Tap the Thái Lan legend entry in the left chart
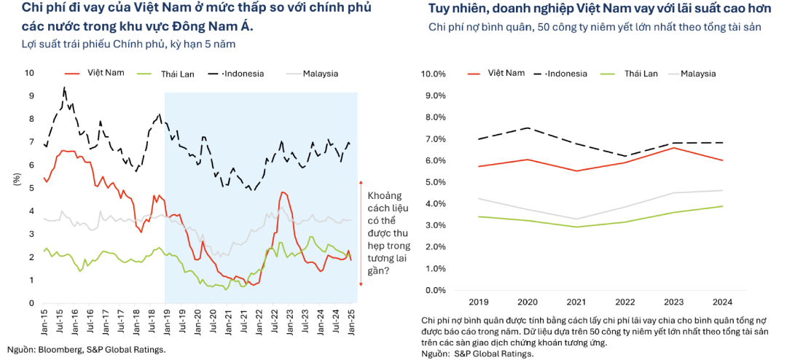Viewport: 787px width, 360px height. (176, 74)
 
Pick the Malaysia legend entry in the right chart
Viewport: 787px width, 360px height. (697, 74)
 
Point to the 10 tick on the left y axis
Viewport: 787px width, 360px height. (29, 73)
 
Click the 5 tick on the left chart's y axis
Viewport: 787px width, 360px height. (31, 188)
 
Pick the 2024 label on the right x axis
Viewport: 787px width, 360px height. (723, 301)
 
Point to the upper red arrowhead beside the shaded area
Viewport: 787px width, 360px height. (361, 182)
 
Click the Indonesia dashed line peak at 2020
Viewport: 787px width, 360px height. (527, 128)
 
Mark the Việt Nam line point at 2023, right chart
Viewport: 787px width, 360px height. (674, 148)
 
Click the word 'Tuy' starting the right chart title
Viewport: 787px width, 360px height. (439, 9)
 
